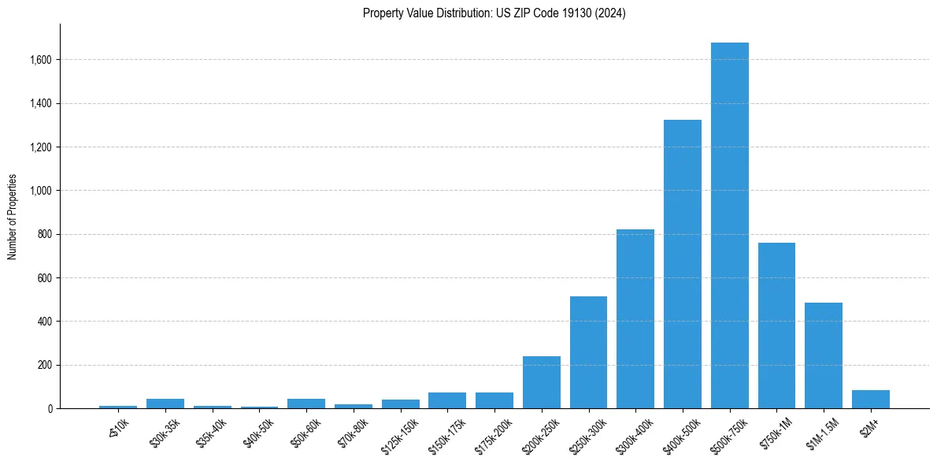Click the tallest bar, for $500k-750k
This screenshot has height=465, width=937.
[x=729, y=225]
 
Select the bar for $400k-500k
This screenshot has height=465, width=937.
[x=682, y=264]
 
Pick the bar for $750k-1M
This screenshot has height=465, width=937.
[x=776, y=325]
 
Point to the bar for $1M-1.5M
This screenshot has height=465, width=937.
[x=823, y=355]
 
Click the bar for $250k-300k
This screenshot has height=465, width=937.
[x=588, y=352]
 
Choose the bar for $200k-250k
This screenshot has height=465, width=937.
[x=541, y=382]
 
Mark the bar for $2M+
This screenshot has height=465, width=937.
[x=870, y=399]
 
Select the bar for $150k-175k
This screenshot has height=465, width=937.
[x=447, y=400]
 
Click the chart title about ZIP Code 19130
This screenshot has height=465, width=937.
[x=494, y=13]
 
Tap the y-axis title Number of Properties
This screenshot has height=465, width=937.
[x=13, y=217]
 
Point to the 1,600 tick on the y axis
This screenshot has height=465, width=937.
[x=41, y=60]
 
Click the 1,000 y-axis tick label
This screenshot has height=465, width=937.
[x=41, y=191]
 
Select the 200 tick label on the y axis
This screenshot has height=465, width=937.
[x=46, y=365]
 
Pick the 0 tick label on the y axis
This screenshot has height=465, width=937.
[x=50, y=409]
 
